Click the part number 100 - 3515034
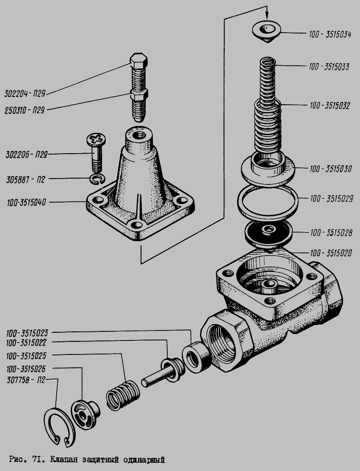pyautogui.click(x=330, y=34)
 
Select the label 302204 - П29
pyautogui.click(x=24, y=94)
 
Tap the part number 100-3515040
pyautogui.click(x=27, y=203)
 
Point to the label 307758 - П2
pyautogui.click(x=26, y=380)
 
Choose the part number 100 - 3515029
pyautogui.click(x=331, y=199)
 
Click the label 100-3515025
pyautogui.click(x=26, y=356)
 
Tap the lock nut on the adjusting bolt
pyautogui.click(x=139, y=95)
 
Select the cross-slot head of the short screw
pyautogui.click(x=96, y=139)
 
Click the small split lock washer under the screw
pyautogui.click(x=97, y=179)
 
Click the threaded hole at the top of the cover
pyautogui.click(x=139, y=135)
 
